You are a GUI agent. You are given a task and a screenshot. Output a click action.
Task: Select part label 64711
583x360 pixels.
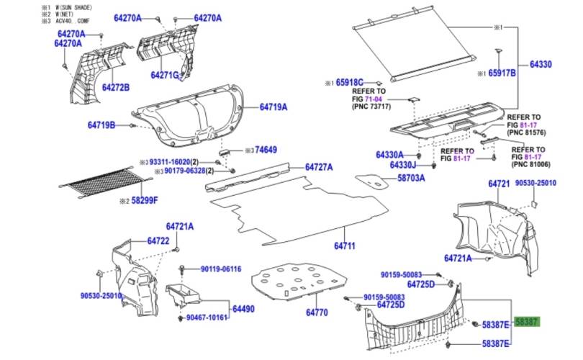click(x=343, y=246)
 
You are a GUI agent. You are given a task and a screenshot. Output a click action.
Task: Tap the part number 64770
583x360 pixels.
click(x=317, y=312)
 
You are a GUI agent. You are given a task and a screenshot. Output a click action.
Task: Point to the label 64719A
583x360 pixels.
click(x=274, y=107)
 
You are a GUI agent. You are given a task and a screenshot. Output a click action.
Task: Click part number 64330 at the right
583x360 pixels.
click(x=541, y=65)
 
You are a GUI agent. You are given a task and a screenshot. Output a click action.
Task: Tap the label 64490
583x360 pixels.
click(x=243, y=309)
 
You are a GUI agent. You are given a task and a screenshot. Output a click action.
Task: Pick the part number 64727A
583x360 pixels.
click(x=319, y=167)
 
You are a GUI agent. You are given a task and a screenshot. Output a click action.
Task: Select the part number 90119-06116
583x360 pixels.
click(x=220, y=269)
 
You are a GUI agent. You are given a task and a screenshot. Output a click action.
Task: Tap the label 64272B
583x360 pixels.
click(x=115, y=88)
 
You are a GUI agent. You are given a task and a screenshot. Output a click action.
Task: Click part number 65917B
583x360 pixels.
click(x=502, y=73)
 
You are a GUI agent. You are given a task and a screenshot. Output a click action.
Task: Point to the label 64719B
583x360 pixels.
click(x=101, y=125)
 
